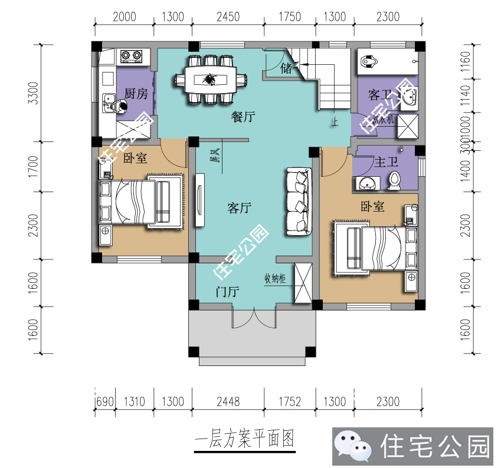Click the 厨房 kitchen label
[x=136, y=94]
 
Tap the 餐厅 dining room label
[x=243, y=117]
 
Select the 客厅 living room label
[x=240, y=207]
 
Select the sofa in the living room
[x=298, y=202]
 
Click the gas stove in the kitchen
[x=131, y=57]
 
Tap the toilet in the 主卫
[x=394, y=180]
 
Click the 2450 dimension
[x=228, y=17]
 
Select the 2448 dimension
[x=228, y=402]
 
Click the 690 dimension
[x=104, y=402]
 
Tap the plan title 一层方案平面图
[x=244, y=440]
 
